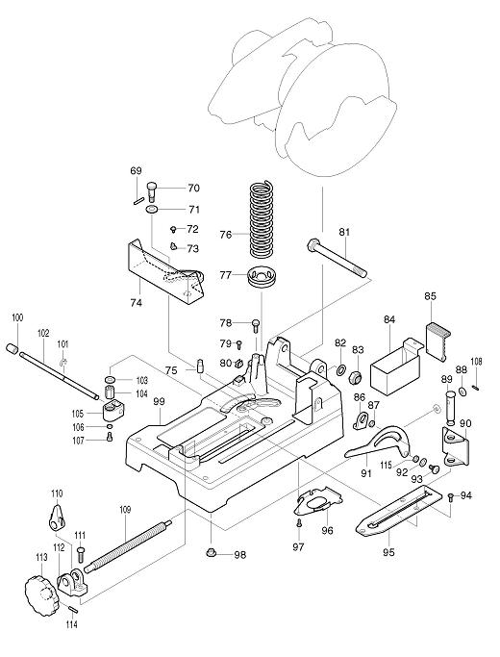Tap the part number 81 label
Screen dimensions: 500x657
[344, 232]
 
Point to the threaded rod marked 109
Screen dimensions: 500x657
[128, 546]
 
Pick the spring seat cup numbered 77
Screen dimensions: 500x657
[262, 276]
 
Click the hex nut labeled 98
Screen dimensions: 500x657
[212, 553]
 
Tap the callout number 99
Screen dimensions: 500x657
[159, 400]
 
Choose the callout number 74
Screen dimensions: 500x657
[137, 302]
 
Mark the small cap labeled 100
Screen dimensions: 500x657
[12, 349]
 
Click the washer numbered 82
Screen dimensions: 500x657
[340, 369]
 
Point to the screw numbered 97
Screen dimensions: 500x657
[299, 523]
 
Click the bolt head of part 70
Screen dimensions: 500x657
[153, 187]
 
